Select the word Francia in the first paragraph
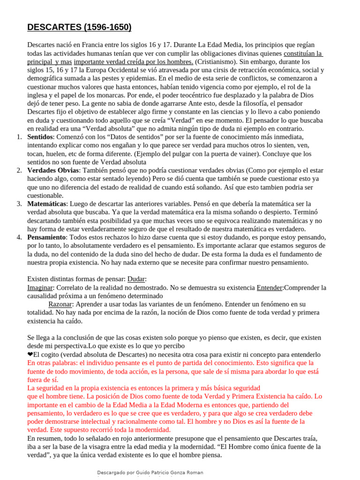tap(91, 45)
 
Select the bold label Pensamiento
tap(47, 237)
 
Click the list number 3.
tap(20, 204)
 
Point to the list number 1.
tap(20, 137)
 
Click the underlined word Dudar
tap(136, 279)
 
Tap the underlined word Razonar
tap(60, 304)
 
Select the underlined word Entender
tap(270, 287)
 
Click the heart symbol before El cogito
tap(30, 354)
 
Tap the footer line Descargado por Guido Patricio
tap(150, 472)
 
